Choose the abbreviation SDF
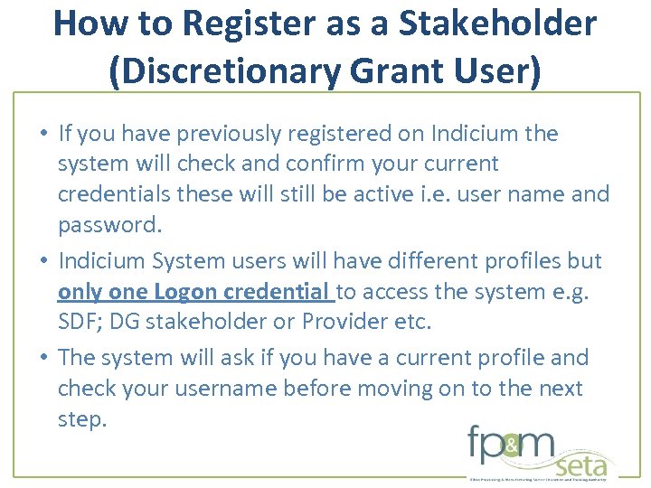coord(79,322)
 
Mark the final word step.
coord(81,420)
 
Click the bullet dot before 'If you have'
coord(43,134)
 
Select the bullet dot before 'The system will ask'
coord(43,358)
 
